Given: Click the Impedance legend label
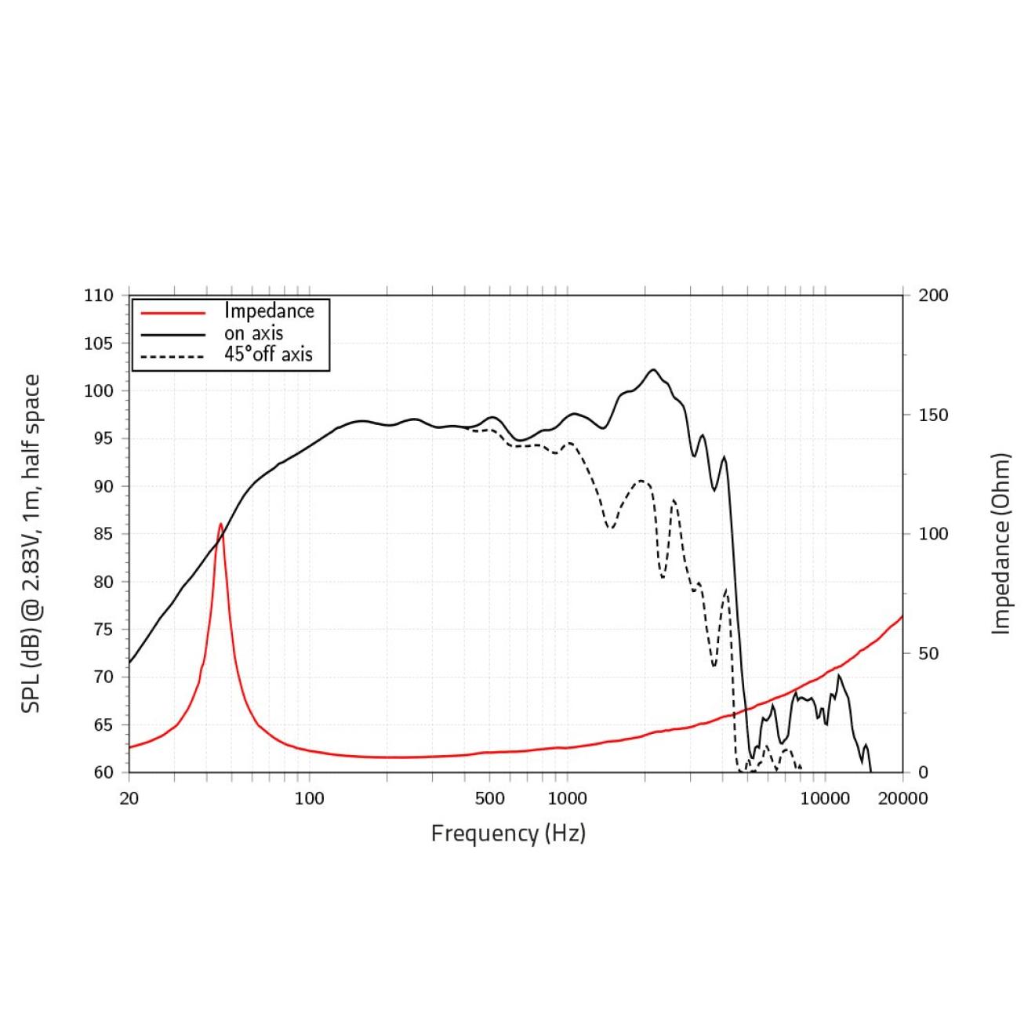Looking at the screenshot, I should (269, 311).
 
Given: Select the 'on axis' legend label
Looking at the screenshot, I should (253, 333).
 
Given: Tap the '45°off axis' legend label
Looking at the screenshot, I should (268, 354).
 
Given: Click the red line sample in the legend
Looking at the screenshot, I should (172, 312).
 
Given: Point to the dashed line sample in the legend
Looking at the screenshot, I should (172, 357).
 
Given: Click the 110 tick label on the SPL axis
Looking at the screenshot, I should (99, 296).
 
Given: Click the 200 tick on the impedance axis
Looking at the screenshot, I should (933, 296).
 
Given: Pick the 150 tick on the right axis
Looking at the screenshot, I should (933, 415).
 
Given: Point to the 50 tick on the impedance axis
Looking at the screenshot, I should (928, 653).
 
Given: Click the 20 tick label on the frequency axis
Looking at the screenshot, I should (129, 799).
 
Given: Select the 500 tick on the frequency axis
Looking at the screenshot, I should (489, 799).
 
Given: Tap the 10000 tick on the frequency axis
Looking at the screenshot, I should (825, 799).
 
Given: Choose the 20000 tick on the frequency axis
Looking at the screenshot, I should (902, 799).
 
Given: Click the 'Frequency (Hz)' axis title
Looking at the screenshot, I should (508, 833).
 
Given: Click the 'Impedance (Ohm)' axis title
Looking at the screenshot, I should (1001, 543).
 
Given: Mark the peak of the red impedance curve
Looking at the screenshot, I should (220, 524).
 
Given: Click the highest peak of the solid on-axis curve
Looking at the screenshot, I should (653, 369).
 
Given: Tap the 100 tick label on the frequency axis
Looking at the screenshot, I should (309, 799).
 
